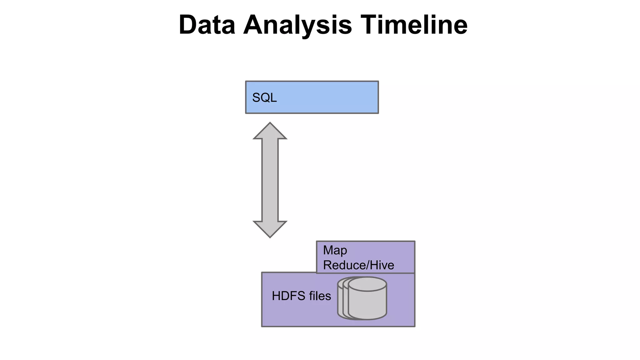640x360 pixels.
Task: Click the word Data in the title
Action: point(207,25)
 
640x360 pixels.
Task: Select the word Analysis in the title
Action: point(297,25)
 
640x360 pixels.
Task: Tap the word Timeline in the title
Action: point(414,25)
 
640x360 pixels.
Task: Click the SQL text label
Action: point(264,98)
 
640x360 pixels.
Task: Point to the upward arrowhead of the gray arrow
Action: point(270,131)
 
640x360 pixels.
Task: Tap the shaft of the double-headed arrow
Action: point(270,180)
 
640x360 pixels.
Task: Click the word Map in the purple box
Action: point(335,250)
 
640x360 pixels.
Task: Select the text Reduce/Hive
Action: point(358,265)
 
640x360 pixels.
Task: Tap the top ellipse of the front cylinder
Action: point(367,284)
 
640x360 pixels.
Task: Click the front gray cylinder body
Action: point(367,303)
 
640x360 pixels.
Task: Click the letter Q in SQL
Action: point(265,98)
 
